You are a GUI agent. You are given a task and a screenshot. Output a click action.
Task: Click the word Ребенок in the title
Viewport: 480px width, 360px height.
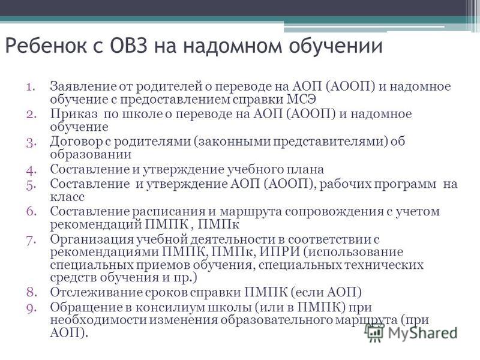pos(46,46)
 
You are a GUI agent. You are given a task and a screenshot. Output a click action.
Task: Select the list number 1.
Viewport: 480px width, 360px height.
pos(31,86)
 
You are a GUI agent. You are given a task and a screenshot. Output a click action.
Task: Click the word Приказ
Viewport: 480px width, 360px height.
pos(74,114)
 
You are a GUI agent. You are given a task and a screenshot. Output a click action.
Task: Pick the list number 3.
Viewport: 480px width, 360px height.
pos(31,142)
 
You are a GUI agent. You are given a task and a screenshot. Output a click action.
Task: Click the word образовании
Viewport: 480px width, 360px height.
pos(91,154)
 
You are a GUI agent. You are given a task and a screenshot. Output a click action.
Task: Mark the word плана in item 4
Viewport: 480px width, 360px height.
pos(305,169)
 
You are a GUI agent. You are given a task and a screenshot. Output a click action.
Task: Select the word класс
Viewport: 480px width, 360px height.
pos(67,197)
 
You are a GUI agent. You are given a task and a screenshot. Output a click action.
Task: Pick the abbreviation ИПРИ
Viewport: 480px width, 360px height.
pos(279,252)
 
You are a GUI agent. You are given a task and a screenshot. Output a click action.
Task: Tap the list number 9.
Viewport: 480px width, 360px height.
pos(31,308)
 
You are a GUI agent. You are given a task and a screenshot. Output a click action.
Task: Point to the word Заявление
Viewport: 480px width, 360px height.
pos(83,86)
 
